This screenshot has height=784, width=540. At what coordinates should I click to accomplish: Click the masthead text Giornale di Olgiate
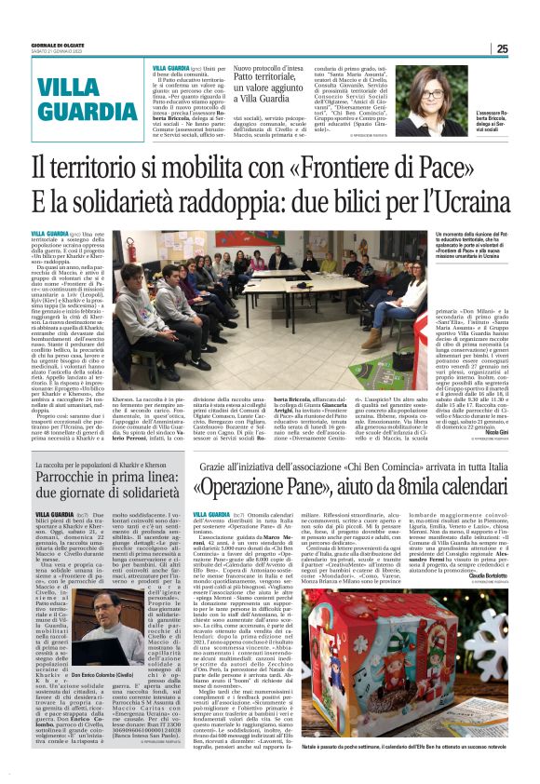click(59, 46)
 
